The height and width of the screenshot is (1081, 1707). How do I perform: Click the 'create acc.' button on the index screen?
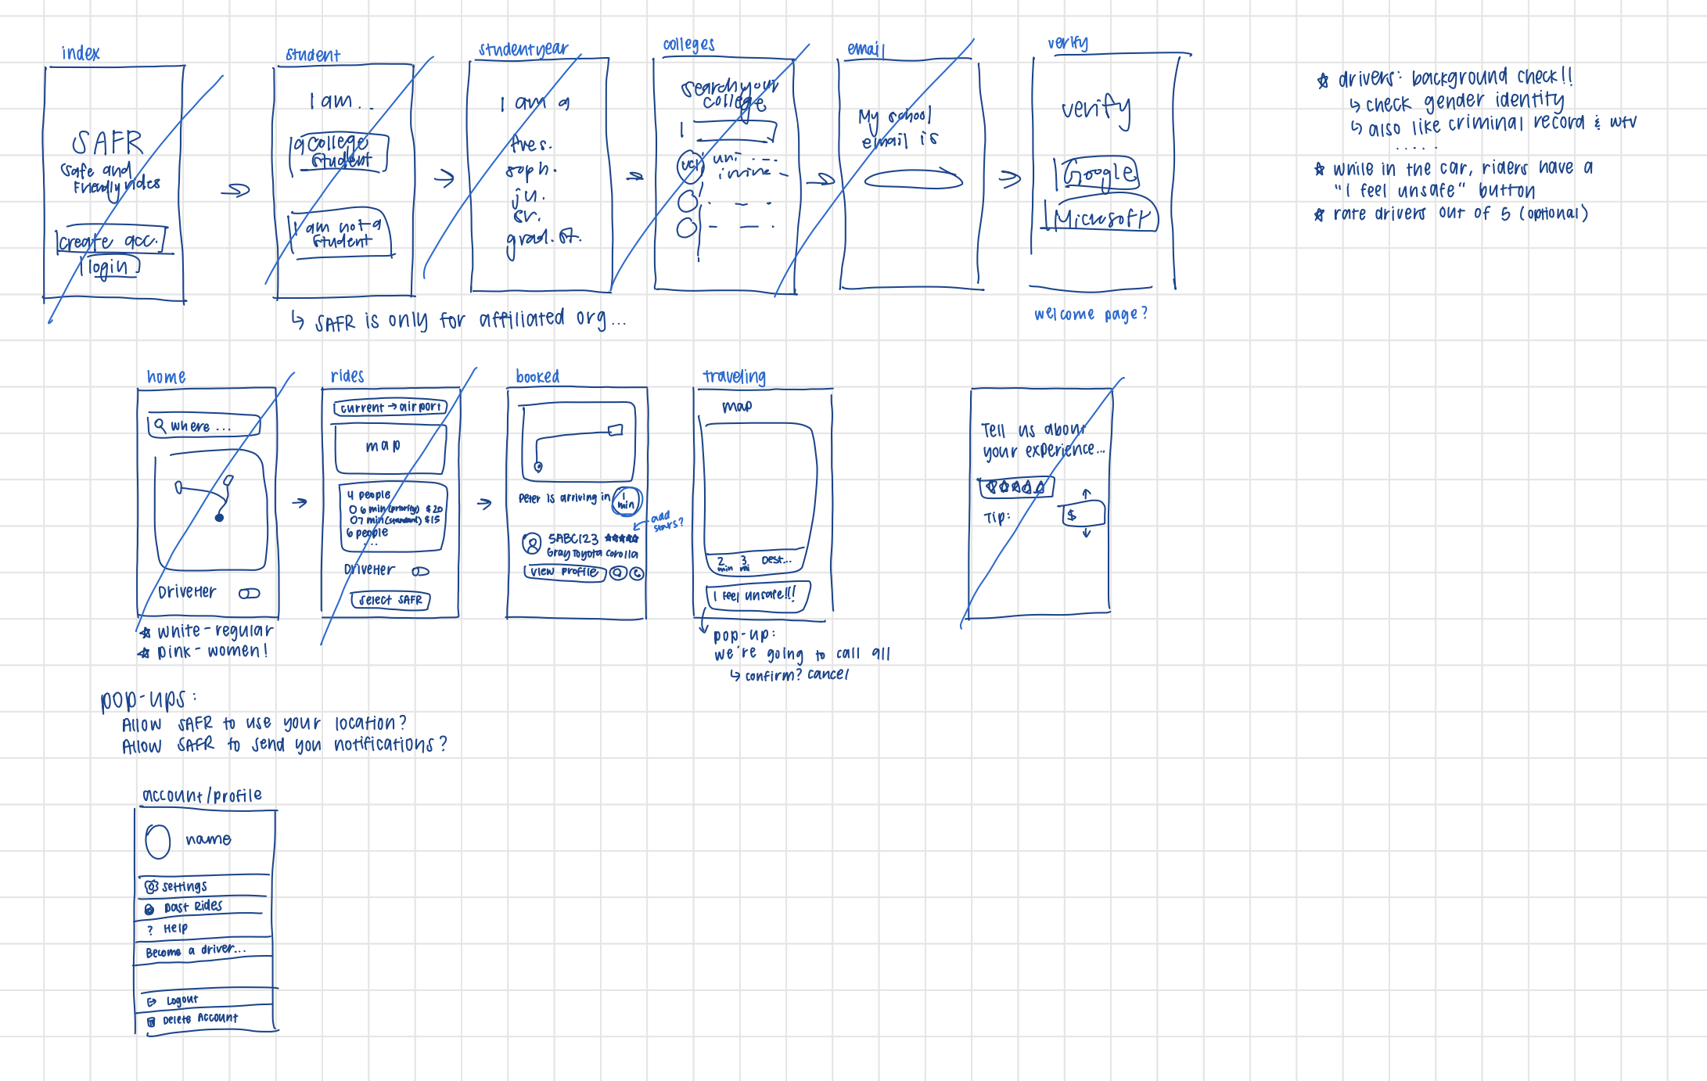click(110, 241)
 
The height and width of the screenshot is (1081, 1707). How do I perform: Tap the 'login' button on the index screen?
click(110, 268)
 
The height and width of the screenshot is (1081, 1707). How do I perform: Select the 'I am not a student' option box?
click(341, 233)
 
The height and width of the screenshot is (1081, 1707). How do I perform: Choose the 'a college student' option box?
click(339, 152)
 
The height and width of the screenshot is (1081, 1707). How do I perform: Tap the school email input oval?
click(913, 180)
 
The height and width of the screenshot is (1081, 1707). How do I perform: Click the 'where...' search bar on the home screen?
click(203, 426)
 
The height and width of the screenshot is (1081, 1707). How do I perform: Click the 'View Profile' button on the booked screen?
click(564, 572)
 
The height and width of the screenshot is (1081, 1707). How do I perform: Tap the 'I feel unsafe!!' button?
click(757, 595)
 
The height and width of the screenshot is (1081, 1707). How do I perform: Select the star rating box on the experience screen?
click(1016, 487)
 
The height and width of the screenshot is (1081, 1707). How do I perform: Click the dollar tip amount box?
click(1083, 515)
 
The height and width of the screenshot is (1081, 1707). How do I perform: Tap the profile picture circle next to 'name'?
click(158, 842)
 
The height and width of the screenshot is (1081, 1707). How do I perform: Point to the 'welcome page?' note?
click(1091, 314)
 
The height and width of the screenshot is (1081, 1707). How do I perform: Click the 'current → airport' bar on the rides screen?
click(390, 408)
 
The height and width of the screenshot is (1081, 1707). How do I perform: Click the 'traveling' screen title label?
click(734, 377)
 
